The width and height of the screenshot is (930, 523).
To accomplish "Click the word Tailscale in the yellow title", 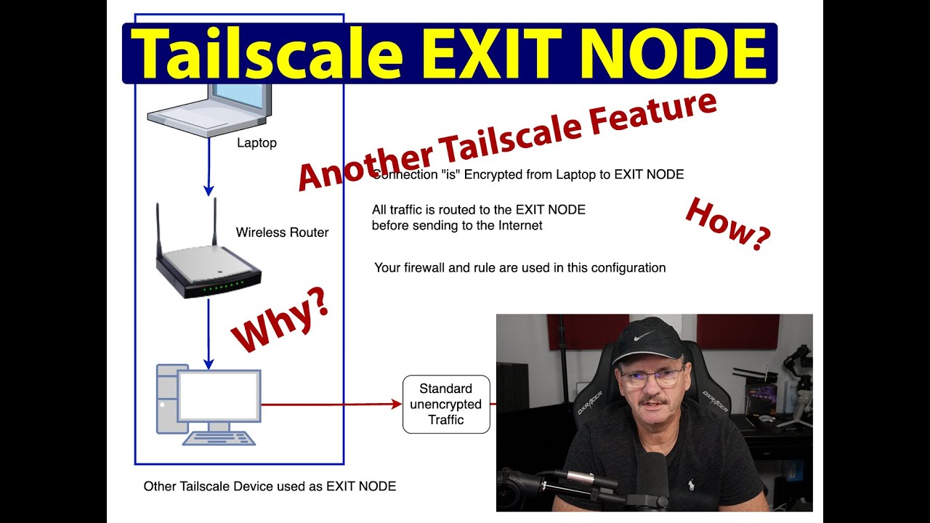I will (x=267, y=54).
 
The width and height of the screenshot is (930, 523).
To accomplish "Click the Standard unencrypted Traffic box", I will (x=446, y=405).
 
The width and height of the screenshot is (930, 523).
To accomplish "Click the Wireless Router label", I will (x=282, y=232).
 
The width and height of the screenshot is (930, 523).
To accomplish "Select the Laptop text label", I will (x=256, y=143).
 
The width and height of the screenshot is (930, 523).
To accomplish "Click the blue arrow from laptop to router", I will (x=209, y=167).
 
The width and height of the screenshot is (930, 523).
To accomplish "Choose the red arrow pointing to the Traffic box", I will (x=331, y=404).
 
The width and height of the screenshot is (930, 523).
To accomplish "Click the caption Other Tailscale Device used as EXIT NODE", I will (x=270, y=486).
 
